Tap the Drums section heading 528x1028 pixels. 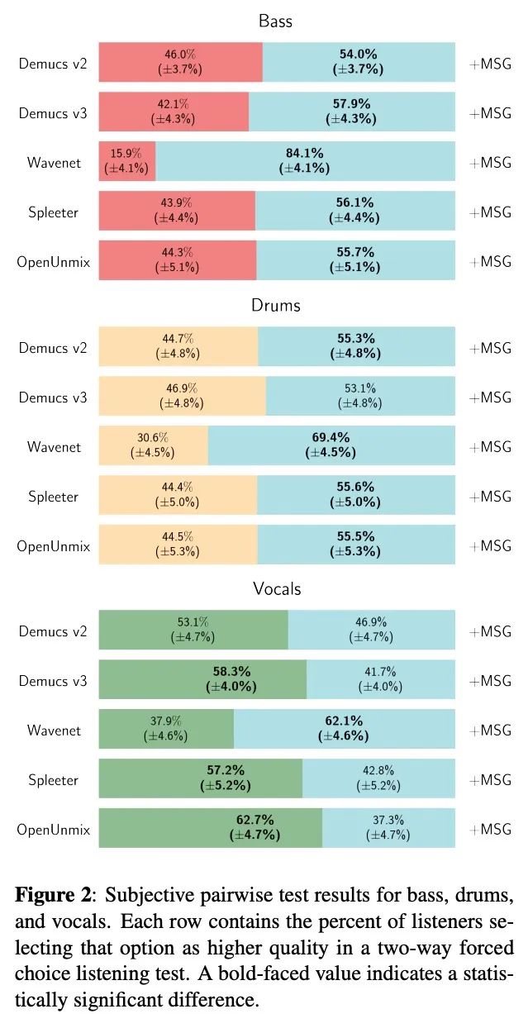[x=276, y=305]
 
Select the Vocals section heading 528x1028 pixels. [x=277, y=588]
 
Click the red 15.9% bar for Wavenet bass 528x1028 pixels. [x=126, y=161]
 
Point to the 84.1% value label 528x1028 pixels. [x=305, y=155]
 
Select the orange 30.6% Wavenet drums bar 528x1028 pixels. [x=153, y=445]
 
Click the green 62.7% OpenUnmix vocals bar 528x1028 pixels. [x=210, y=827]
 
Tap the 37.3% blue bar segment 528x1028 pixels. [x=388, y=827]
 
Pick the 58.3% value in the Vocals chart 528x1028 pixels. [x=231, y=671]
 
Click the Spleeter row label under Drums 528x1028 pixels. [x=54, y=496]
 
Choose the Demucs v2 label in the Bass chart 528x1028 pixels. [x=53, y=62]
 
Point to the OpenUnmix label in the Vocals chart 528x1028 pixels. [x=53, y=828]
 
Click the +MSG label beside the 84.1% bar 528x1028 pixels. [x=490, y=162]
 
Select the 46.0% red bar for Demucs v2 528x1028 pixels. [x=180, y=62]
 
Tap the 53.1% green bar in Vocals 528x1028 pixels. [x=193, y=630]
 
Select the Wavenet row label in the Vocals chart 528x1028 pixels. [x=54, y=730]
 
